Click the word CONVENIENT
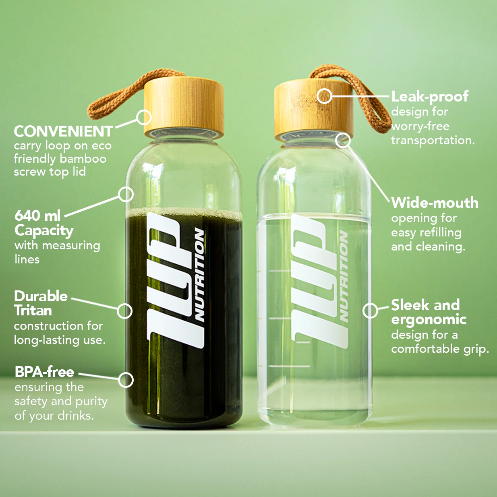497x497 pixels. pyautogui.click(x=63, y=131)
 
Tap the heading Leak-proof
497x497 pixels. pyautogui.click(x=430, y=97)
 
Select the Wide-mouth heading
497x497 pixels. pyautogui.click(x=435, y=203)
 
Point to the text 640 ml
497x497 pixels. pyautogui.click(x=37, y=215)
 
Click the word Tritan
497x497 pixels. pyautogui.click(x=33, y=310)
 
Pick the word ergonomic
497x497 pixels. pyautogui.click(x=429, y=320)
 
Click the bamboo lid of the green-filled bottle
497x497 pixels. pyautogui.click(x=184, y=106)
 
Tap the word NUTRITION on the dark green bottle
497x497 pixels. pyautogui.click(x=200, y=274)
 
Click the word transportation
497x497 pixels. pyautogui.click(x=433, y=141)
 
